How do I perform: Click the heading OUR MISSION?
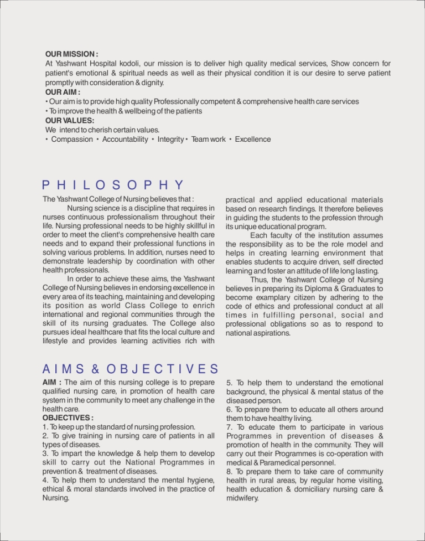coord(71,54)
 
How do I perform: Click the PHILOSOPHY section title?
coord(112,185)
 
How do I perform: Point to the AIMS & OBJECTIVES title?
coord(130,368)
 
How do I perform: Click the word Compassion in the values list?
coord(72,139)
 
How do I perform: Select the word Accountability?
coord(125,139)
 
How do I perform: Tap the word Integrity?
coord(170,139)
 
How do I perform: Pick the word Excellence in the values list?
coord(253,139)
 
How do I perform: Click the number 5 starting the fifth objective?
coord(229,383)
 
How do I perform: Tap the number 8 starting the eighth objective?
coord(229,471)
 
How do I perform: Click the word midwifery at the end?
coord(242,498)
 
